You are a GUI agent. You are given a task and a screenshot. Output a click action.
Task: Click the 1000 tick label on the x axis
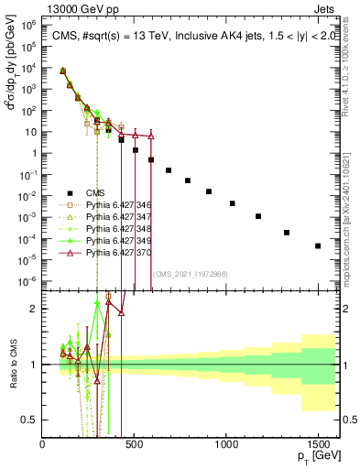(226, 445)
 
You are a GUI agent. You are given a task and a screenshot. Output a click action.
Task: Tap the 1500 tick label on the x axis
(318, 445)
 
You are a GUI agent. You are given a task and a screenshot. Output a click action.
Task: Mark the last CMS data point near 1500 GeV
(318, 245)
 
